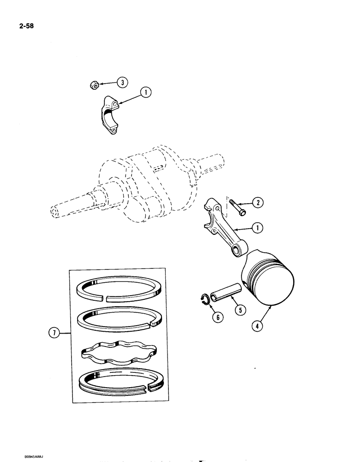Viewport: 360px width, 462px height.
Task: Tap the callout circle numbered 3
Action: pos(122,83)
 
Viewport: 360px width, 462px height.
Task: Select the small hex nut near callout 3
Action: pos(94,85)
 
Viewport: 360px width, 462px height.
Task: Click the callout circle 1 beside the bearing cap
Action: pos(146,93)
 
